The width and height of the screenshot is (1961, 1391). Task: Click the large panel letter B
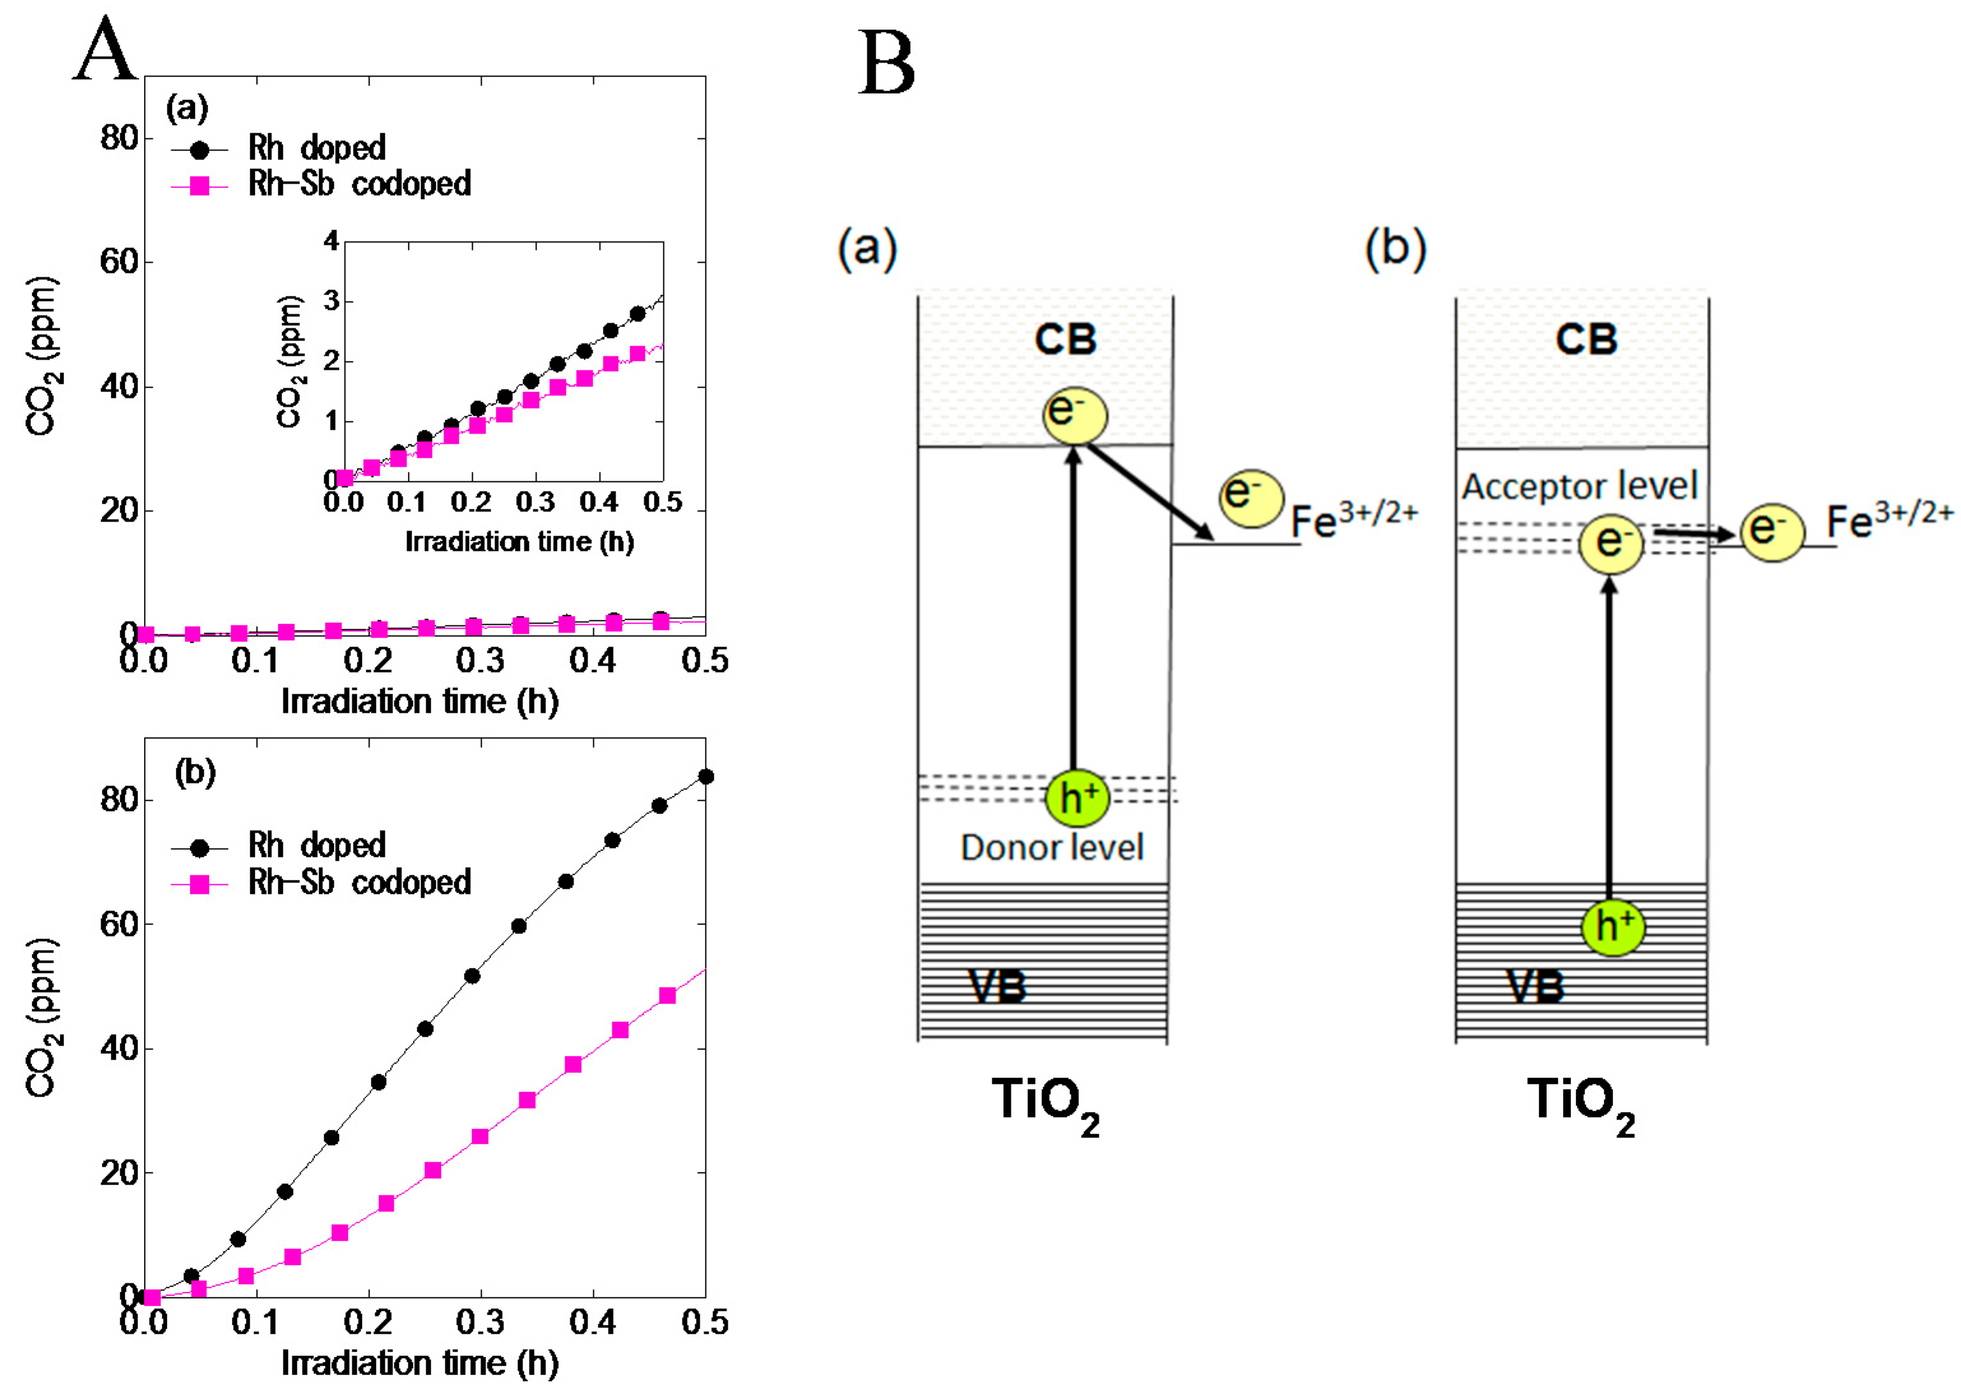[x=886, y=64]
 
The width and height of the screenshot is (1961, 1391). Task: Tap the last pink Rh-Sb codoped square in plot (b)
[x=668, y=995]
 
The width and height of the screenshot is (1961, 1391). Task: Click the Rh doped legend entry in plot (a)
[x=316, y=148]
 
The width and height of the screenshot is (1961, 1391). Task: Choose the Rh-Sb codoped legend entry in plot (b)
[x=359, y=882]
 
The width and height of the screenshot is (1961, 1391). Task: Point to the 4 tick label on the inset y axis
[x=331, y=241]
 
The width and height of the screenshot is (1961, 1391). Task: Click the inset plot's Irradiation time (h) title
[x=519, y=542]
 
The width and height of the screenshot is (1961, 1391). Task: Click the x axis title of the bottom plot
[x=419, y=1363]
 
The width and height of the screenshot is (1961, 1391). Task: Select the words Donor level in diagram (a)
[x=1052, y=848]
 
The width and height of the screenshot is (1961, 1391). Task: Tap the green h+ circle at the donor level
[x=1077, y=797]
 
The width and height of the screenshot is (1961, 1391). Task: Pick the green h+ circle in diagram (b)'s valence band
[x=1612, y=926]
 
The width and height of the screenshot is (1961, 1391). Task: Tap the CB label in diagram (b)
[x=1586, y=339]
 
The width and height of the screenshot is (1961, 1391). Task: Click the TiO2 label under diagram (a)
[x=1045, y=1103]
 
